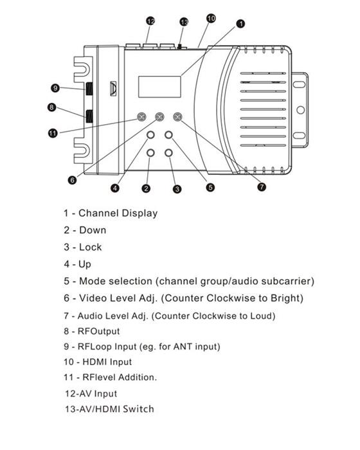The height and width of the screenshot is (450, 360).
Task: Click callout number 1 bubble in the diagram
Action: (240, 24)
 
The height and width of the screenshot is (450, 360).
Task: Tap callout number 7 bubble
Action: (262, 187)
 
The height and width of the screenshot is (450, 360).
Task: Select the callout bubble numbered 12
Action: (150, 21)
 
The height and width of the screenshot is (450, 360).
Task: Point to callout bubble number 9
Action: (55, 87)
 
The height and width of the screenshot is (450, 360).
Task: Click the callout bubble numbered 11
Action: (53, 133)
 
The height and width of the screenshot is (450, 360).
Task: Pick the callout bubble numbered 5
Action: (210, 187)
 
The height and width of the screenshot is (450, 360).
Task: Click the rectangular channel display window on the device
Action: (159, 87)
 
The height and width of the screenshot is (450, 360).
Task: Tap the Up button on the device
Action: (150, 135)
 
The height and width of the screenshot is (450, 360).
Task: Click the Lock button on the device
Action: (168, 153)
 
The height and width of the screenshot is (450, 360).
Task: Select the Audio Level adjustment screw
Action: (177, 117)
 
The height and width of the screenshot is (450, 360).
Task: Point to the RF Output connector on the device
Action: (89, 116)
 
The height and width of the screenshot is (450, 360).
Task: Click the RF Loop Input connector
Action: (89, 89)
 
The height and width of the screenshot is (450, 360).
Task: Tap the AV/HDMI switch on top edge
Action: (180, 47)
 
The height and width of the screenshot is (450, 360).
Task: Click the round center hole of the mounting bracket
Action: (300, 110)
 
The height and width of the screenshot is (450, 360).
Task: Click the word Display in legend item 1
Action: (139, 213)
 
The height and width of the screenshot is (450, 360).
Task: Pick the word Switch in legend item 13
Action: (138, 409)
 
